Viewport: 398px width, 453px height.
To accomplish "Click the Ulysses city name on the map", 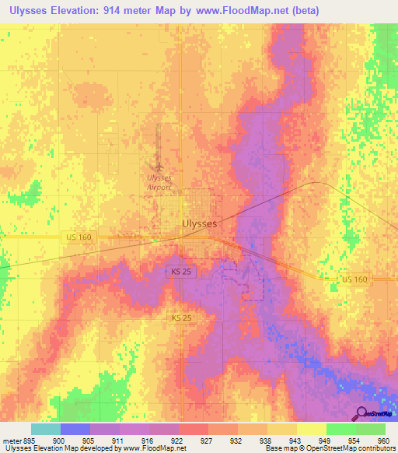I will pos(199,223).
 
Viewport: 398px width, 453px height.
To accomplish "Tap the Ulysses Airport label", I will pos(159,182).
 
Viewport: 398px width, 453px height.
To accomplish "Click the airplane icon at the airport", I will pos(159,165).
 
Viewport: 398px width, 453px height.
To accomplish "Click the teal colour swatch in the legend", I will pos(45,429).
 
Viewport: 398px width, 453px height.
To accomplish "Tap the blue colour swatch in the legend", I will pos(75,429).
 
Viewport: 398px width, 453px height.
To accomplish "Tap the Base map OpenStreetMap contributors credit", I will pos(329,448).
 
